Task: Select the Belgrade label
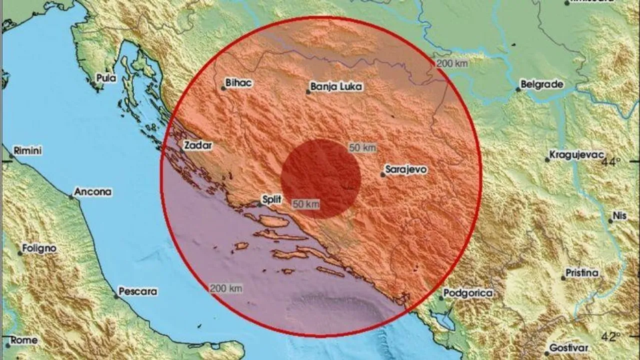(x=542, y=84)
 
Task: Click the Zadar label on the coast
(x=198, y=146)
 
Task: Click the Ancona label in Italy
(x=93, y=191)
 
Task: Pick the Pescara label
(x=138, y=291)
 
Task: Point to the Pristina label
(x=582, y=273)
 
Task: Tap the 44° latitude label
(x=610, y=162)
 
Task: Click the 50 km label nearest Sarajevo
(x=362, y=148)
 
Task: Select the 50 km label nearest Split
(x=305, y=203)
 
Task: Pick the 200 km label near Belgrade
(x=451, y=63)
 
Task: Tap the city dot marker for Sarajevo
(x=383, y=174)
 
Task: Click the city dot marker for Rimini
(x=11, y=156)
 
